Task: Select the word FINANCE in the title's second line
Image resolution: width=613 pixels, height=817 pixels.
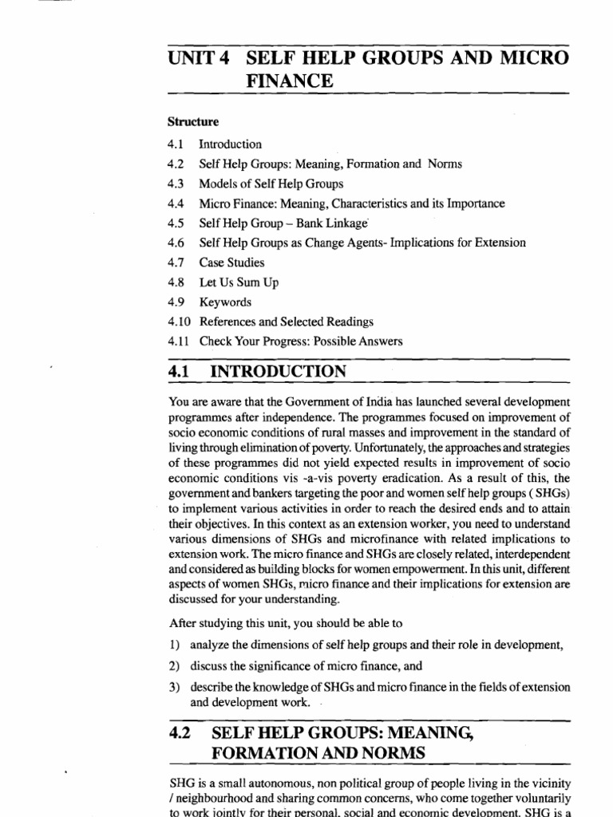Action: (290, 81)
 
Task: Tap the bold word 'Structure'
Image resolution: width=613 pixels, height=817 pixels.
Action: (193, 122)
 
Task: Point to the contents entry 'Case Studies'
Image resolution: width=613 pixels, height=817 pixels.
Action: (231, 262)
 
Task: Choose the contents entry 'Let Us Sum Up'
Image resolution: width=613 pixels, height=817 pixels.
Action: (239, 282)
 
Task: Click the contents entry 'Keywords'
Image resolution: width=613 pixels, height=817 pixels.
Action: (225, 302)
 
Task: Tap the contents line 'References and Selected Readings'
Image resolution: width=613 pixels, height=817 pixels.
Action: (286, 322)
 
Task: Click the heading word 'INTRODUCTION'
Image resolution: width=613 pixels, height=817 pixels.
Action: (278, 372)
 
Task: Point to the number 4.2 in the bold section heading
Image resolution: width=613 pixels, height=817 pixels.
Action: (183, 732)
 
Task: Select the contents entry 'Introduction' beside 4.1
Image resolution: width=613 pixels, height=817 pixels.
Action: (230, 144)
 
